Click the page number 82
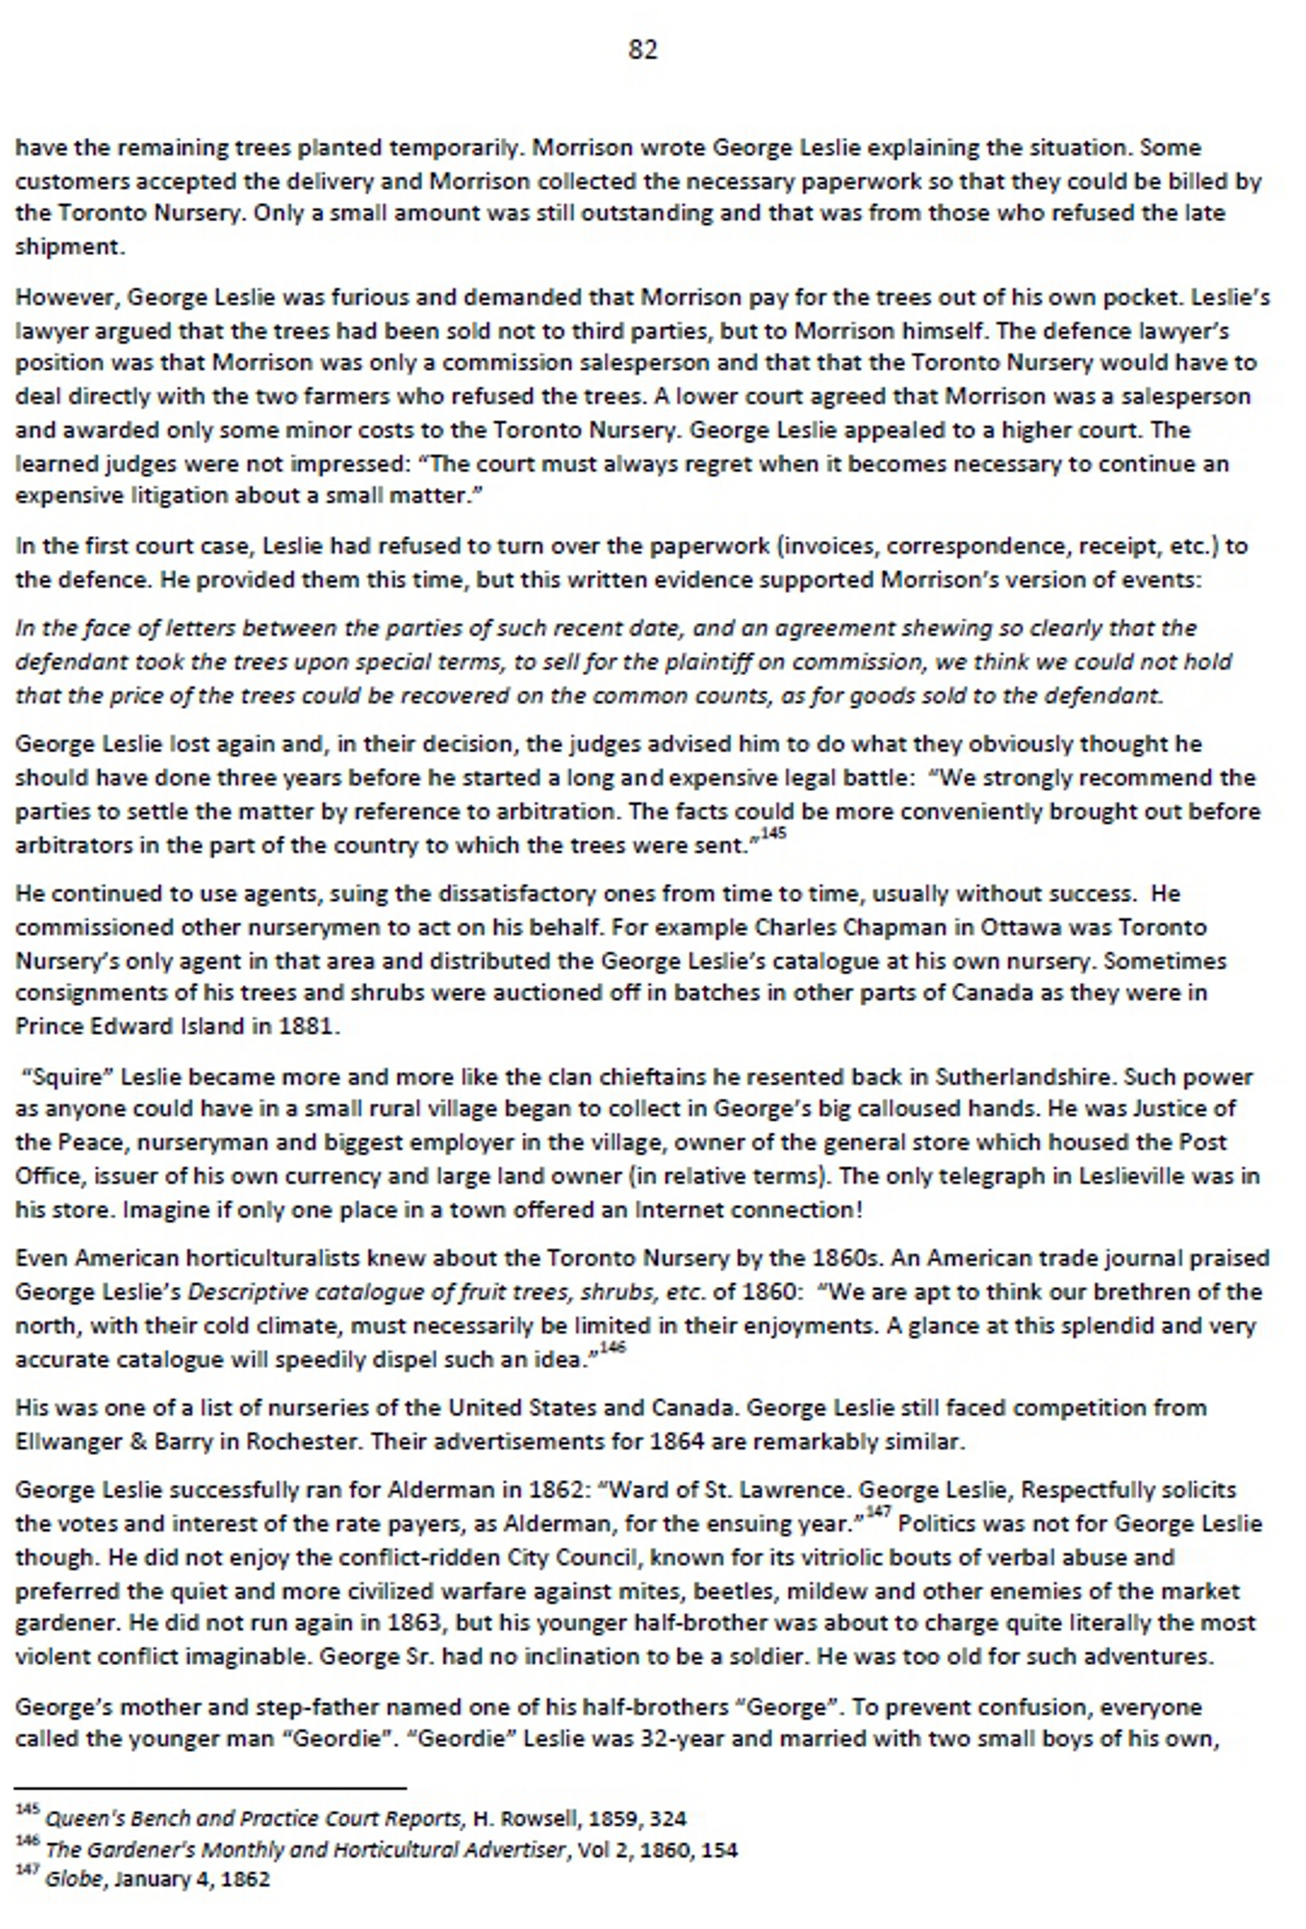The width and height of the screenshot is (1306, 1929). coord(643,51)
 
